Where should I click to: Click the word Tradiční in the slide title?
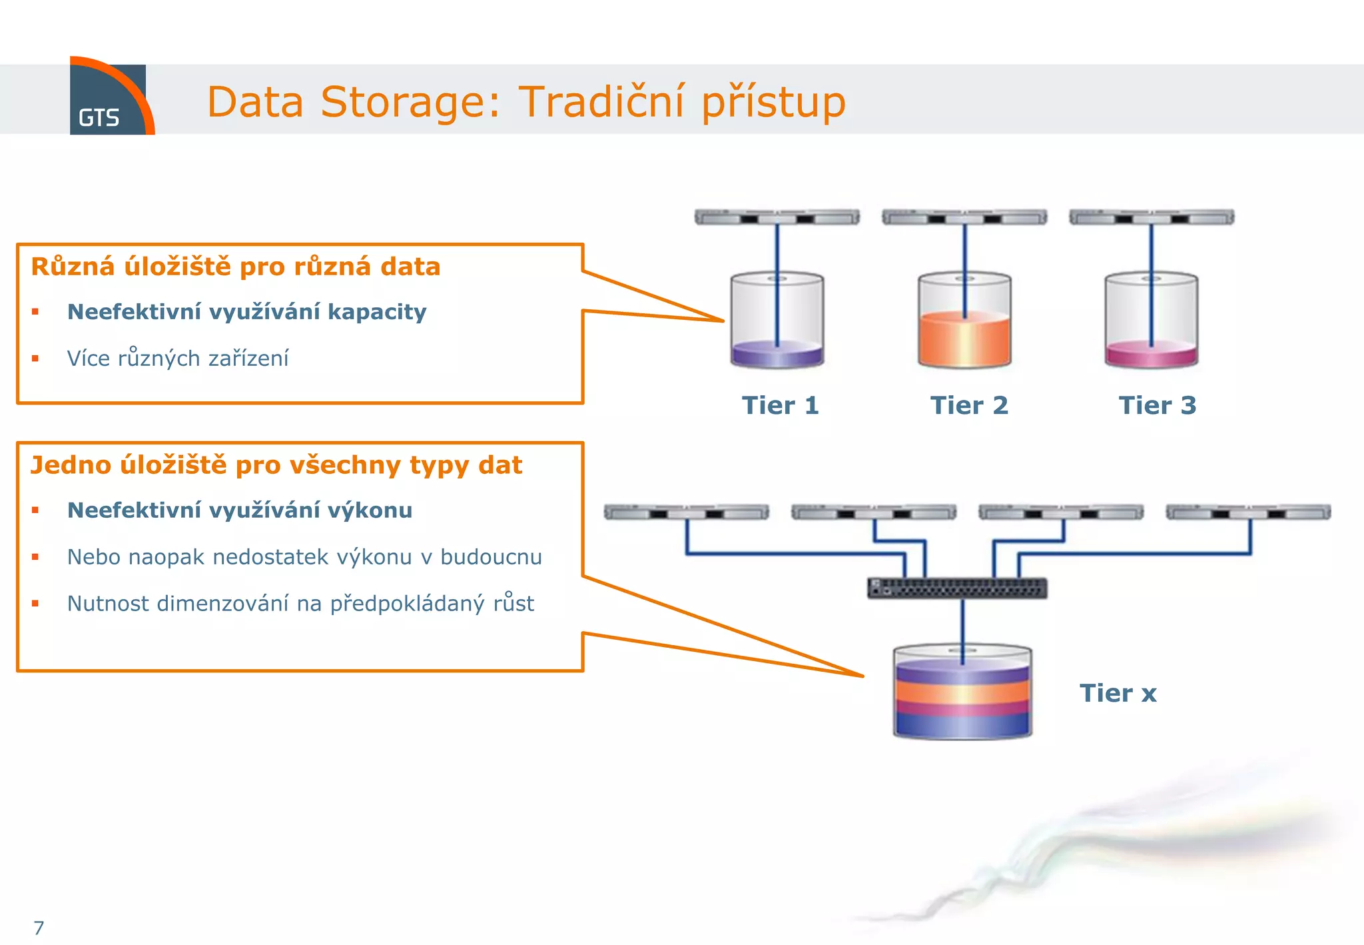tap(600, 102)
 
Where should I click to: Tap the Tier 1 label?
tap(780, 405)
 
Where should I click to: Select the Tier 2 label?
tap(969, 405)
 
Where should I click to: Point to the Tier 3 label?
tap(1158, 405)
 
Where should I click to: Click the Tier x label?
tap(1118, 693)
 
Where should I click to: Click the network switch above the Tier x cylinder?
tap(957, 588)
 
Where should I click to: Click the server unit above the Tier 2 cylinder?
tap(964, 217)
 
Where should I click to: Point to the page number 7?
tap(39, 928)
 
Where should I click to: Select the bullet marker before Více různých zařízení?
tap(35, 359)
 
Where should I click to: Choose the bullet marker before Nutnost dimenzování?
tap(35, 604)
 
